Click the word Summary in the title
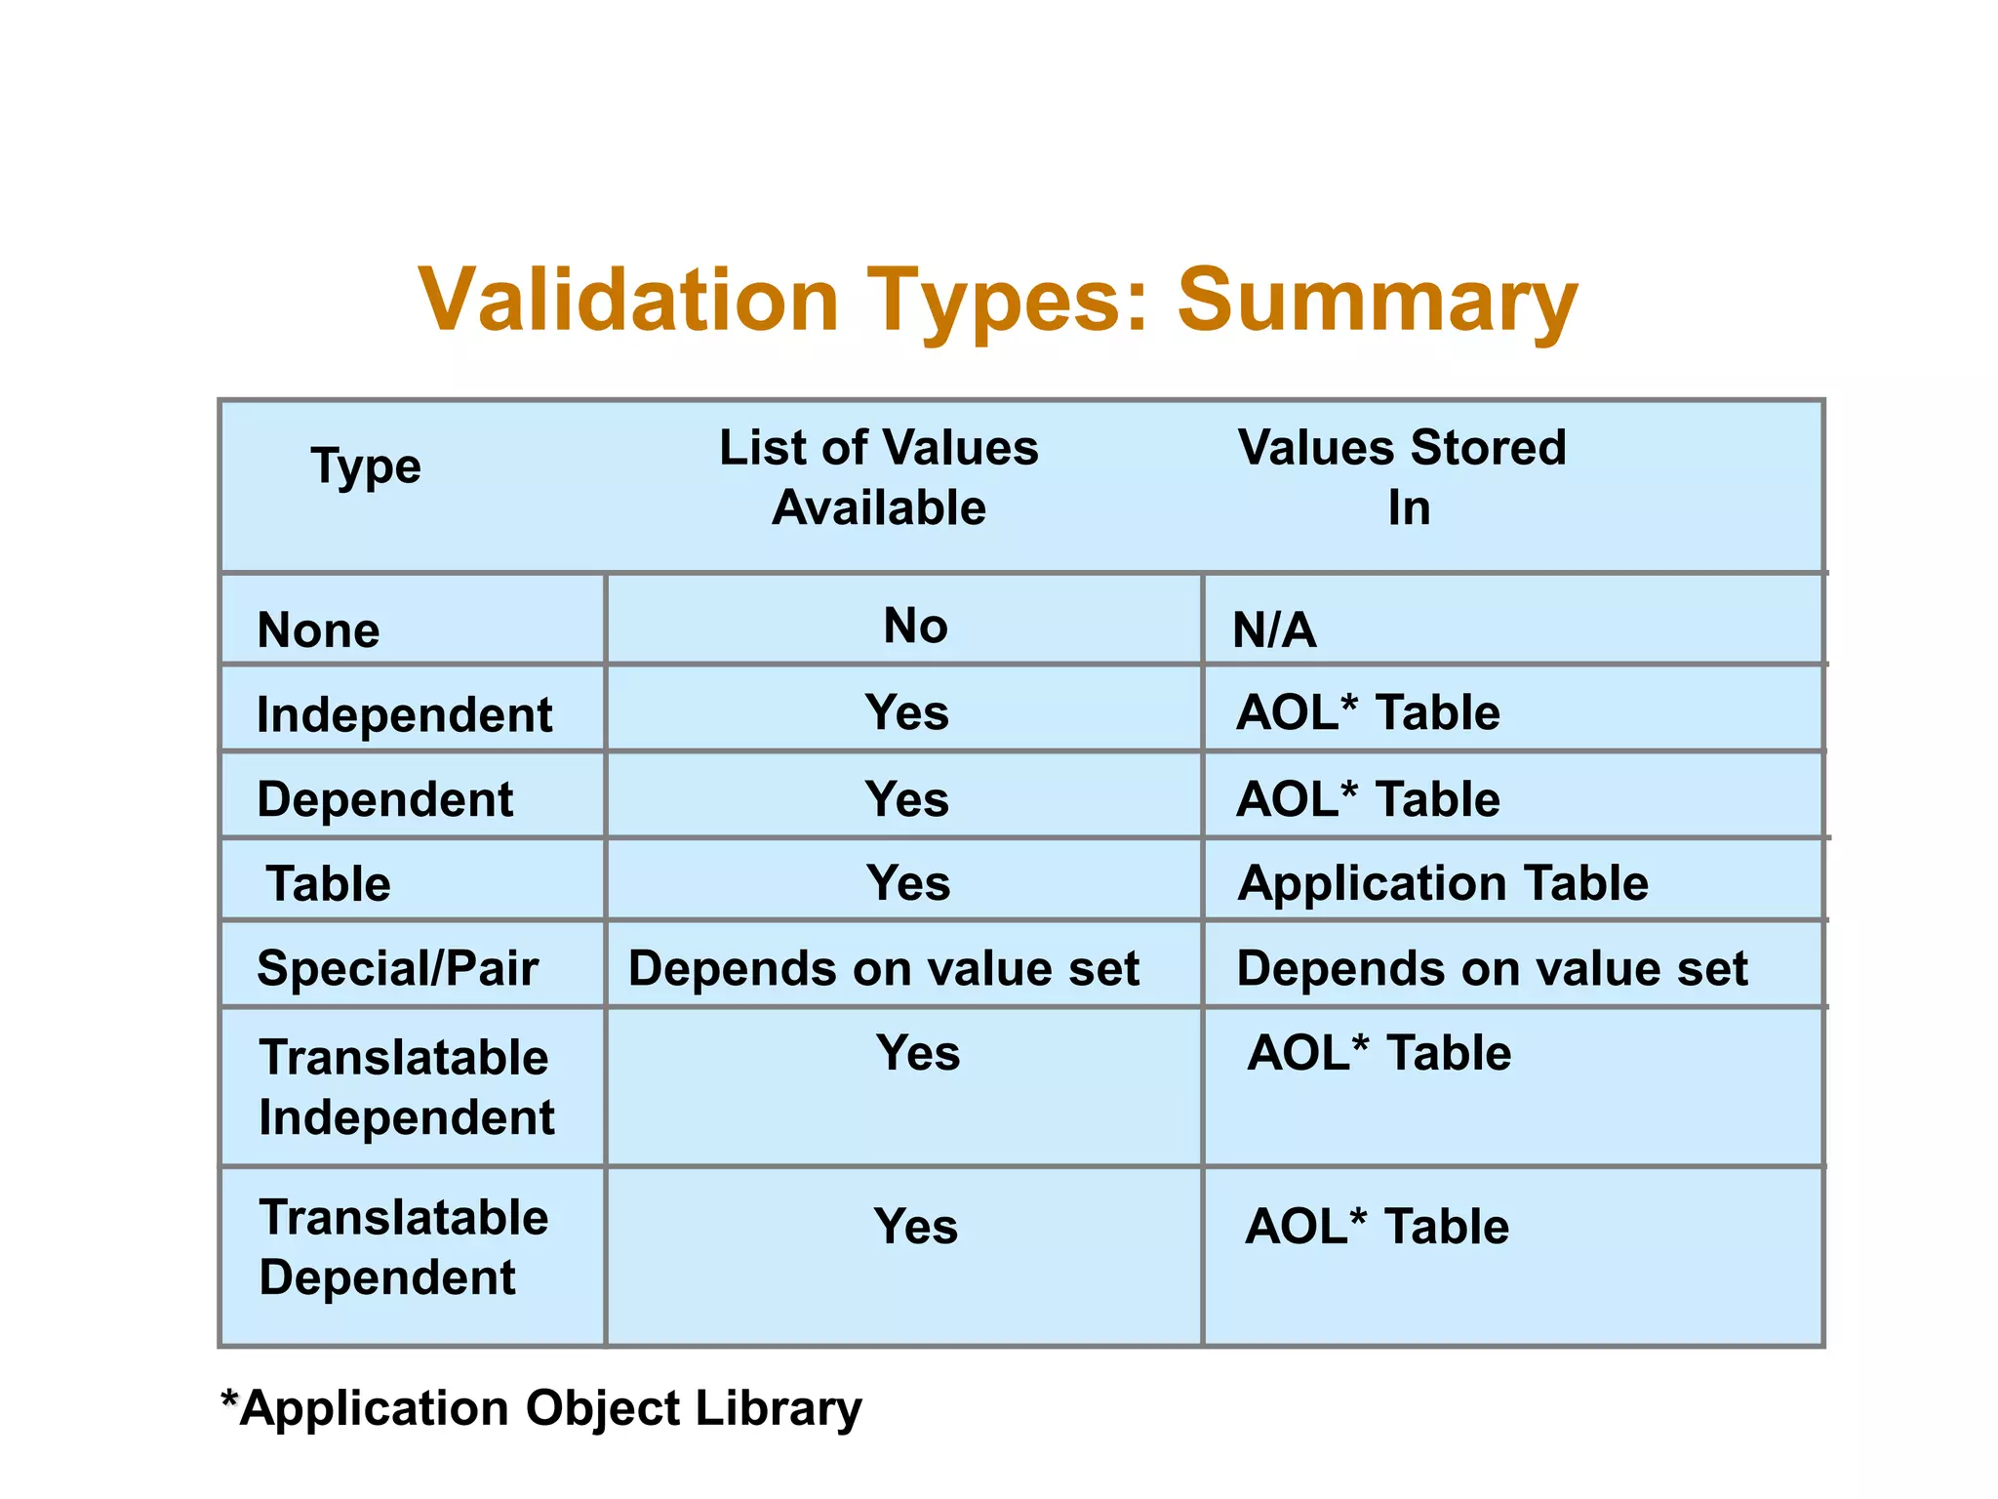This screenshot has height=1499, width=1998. pyautogui.click(x=1377, y=301)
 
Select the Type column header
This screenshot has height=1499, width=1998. pyautogui.click(x=366, y=466)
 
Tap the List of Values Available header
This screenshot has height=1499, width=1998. pyautogui.click(x=879, y=477)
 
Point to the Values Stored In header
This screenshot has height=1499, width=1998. pyautogui.click(x=1402, y=477)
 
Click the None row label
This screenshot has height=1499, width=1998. pyautogui.click(x=318, y=630)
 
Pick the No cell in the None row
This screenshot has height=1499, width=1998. pyautogui.click(x=915, y=626)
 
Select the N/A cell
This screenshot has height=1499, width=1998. pyautogui.click(x=1274, y=630)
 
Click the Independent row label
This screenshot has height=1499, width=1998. pyautogui.click(x=404, y=714)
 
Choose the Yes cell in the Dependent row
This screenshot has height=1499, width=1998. pyautogui.click(x=906, y=799)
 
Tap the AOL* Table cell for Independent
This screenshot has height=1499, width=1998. pyautogui.click(x=1368, y=712)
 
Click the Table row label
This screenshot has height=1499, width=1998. pyautogui.click(x=329, y=884)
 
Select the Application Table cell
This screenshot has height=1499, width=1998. pyautogui.click(x=1443, y=883)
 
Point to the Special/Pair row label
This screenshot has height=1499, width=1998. pyautogui.click(x=397, y=969)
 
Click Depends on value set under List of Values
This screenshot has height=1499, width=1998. pyautogui.click(x=883, y=969)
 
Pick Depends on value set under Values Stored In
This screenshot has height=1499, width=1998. pyautogui.click(x=1492, y=969)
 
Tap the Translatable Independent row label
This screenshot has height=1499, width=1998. pyautogui.click(x=406, y=1087)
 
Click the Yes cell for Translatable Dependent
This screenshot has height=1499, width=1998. pyautogui.click(x=915, y=1226)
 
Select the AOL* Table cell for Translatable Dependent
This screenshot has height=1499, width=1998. pyautogui.click(x=1377, y=1226)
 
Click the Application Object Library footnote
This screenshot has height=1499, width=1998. pyautogui.click(x=542, y=1408)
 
